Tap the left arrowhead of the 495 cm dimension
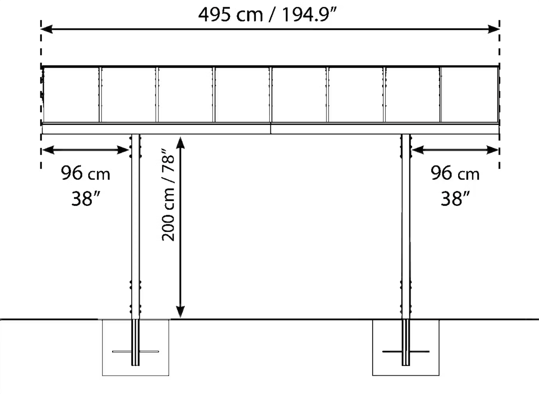click(47, 29)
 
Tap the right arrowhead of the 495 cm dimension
click(494, 29)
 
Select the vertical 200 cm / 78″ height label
click(168, 195)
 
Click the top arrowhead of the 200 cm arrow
click(180, 143)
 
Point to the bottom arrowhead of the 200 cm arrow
click(180, 312)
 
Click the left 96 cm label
click(86, 173)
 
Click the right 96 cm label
click(455, 173)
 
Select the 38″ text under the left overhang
click(86, 199)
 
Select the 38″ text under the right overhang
click(455, 199)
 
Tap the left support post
click(135, 226)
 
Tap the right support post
click(406, 226)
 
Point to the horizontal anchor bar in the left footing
click(135, 352)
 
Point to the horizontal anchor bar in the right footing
click(406, 352)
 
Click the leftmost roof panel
click(71, 95)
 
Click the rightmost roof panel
click(470, 95)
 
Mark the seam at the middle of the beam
click(271, 128)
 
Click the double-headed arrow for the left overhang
click(86, 150)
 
